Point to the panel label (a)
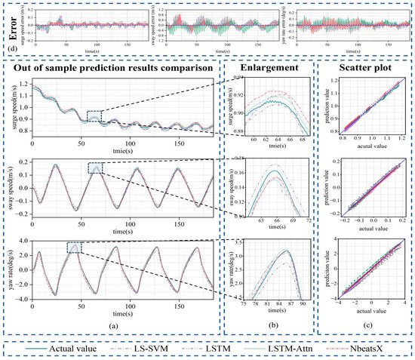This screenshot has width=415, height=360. point(113,324)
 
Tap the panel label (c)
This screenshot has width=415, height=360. point(365,324)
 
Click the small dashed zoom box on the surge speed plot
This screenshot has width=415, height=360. point(95,115)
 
